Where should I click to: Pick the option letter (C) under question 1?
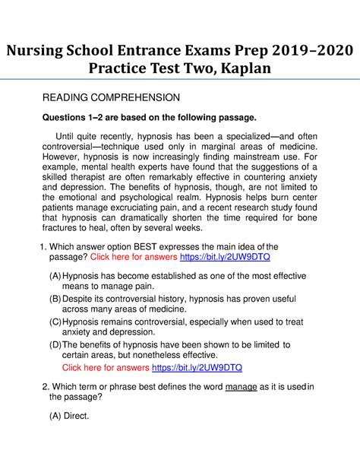(x=55, y=322)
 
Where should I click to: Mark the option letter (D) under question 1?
(x=55, y=345)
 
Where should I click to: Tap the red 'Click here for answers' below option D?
(x=106, y=368)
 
